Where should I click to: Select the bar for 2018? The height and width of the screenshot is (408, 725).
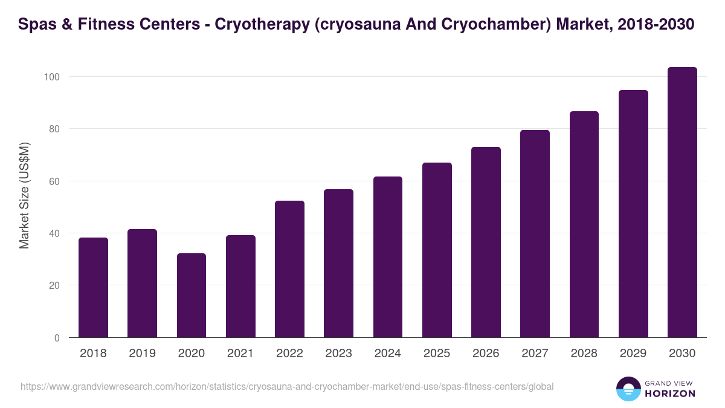[x=93, y=288]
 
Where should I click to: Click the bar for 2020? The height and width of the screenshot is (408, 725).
[x=192, y=296]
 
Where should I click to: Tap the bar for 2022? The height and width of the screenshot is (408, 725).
[x=289, y=269]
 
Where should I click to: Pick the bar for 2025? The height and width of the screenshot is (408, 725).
[x=437, y=250]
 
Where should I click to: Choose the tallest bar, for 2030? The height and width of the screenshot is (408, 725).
[x=682, y=202]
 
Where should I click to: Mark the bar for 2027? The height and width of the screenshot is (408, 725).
[x=535, y=234]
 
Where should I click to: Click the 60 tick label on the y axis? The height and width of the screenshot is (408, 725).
[x=54, y=181]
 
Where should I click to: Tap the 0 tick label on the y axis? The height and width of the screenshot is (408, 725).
[x=57, y=338]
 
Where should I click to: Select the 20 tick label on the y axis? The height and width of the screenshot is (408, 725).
[x=54, y=286]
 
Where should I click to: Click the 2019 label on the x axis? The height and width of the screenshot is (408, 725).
[x=142, y=354]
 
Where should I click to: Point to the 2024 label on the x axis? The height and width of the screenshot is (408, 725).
[x=387, y=354]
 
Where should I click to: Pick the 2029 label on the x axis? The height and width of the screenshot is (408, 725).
[x=633, y=354]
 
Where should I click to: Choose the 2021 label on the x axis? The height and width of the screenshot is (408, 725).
[x=240, y=354]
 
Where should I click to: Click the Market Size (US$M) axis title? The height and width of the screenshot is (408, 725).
[x=25, y=195]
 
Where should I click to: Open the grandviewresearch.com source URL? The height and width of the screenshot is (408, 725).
[x=287, y=386]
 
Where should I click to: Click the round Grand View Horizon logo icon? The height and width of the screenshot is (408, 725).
[x=628, y=389]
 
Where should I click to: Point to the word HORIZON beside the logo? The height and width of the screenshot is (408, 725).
[x=670, y=393]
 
